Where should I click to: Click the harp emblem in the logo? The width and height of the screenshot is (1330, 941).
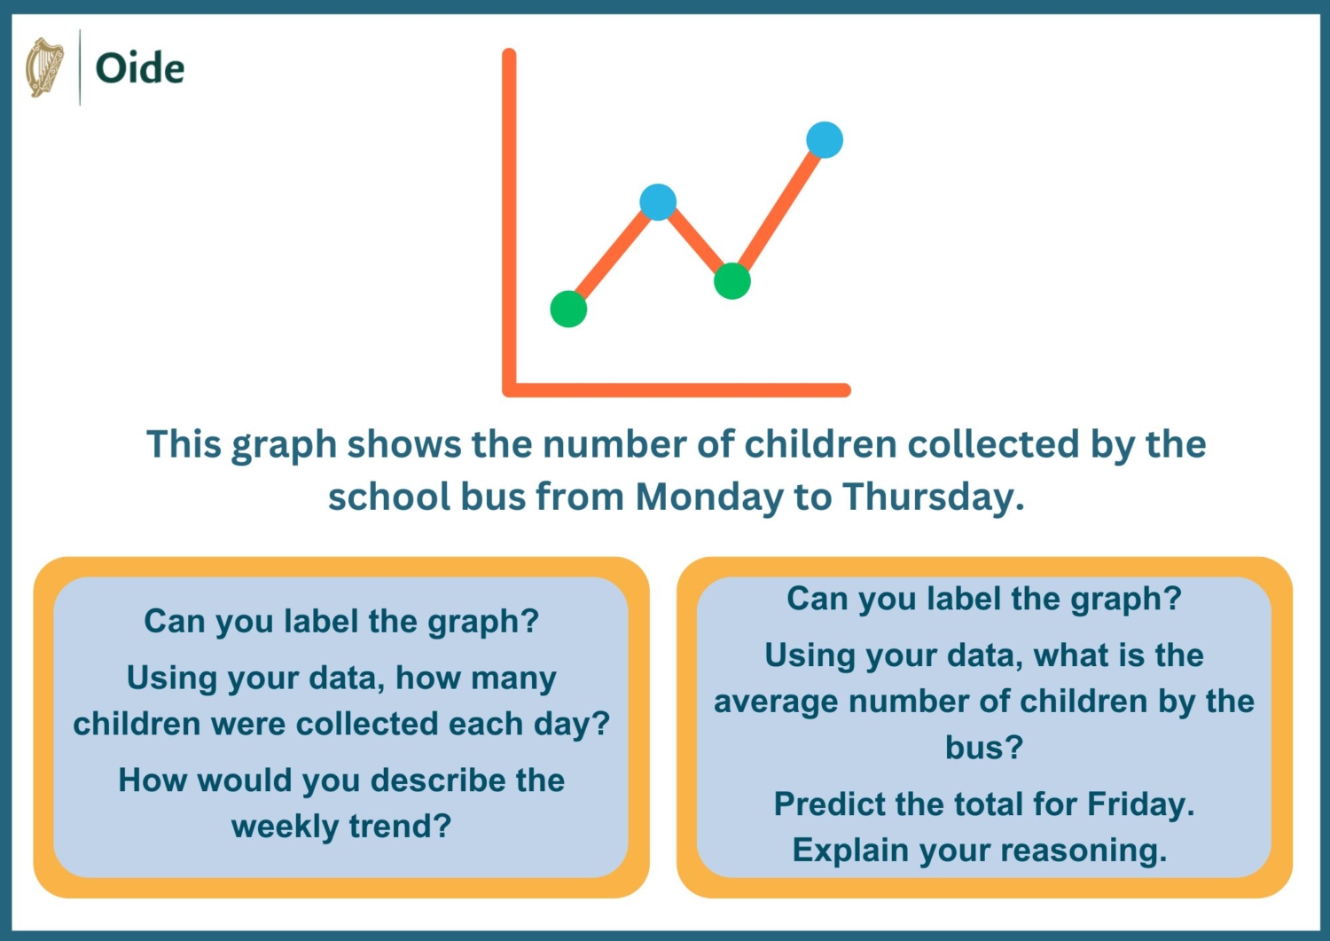44,67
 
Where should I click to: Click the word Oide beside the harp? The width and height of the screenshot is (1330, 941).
139,68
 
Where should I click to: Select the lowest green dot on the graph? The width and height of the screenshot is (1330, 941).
568,309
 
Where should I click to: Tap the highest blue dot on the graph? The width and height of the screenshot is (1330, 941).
825,140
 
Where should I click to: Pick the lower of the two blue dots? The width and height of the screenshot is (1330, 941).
658,202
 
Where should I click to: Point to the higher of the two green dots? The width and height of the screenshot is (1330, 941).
732,281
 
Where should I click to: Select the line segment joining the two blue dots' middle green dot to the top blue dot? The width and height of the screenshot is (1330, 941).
779,209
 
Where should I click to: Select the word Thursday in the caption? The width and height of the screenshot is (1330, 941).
932,497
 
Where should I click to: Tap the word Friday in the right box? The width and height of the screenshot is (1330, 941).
1140,804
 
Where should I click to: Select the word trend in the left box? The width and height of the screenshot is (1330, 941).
400,827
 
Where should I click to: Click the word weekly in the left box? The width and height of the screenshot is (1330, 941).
285,827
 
